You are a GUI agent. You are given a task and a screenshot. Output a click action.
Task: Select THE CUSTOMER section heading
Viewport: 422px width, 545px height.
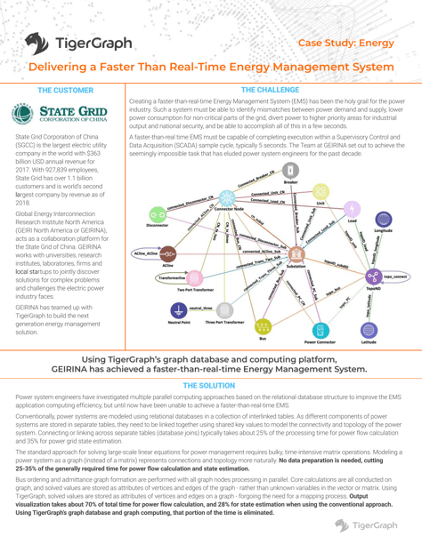click(64, 92)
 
